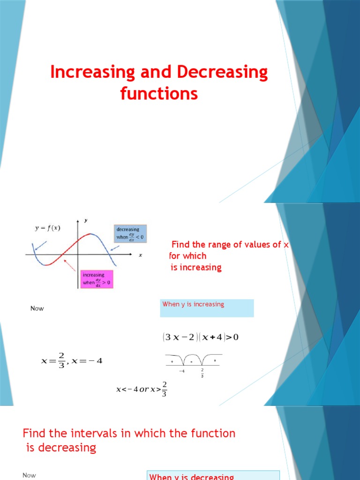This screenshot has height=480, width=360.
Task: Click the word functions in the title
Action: [159, 94]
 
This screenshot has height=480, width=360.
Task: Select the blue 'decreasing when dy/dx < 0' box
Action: [130, 234]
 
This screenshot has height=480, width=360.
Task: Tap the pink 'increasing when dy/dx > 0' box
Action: [97, 279]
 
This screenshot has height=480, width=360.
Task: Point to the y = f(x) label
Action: [47, 228]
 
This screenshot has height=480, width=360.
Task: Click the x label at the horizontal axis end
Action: [140, 255]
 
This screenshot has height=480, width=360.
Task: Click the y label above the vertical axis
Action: [85, 220]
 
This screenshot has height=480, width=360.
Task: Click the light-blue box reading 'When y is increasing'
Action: [207, 308]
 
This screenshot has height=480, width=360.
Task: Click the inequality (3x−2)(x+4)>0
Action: [201, 337]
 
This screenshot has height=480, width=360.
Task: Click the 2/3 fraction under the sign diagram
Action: [202, 373]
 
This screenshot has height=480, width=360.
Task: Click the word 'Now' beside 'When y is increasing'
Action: [37, 308]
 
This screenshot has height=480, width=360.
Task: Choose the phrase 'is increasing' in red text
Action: [195, 268]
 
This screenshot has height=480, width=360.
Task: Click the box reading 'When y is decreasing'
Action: [213, 475]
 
